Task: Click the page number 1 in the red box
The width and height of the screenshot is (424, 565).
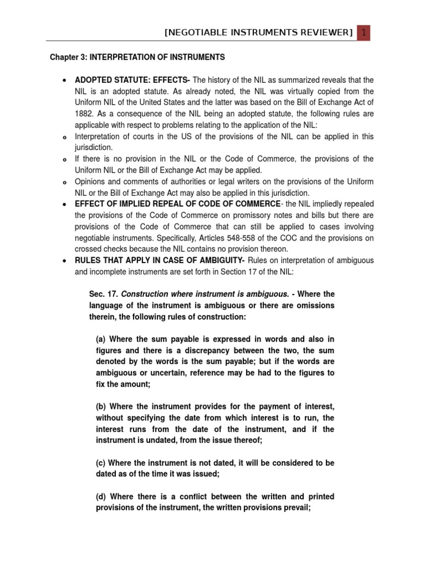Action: pos(364,33)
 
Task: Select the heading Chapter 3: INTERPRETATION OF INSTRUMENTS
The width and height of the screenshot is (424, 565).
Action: pos(137,57)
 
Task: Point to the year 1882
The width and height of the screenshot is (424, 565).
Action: pos(84,114)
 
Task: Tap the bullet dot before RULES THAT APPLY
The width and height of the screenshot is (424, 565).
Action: pos(65,260)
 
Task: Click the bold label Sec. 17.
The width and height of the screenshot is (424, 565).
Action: pos(101,294)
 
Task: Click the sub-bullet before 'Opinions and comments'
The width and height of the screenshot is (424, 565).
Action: pos(65,182)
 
